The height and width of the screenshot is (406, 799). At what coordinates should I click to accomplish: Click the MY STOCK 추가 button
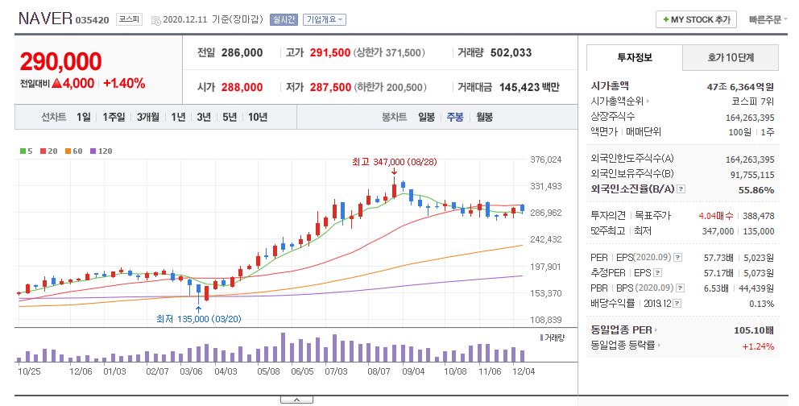(x=697, y=19)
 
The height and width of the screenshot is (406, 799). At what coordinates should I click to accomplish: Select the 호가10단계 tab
(x=731, y=57)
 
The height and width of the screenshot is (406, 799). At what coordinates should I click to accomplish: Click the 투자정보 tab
(x=635, y=57)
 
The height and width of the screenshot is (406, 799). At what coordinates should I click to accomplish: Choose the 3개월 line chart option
(x=147, y=117)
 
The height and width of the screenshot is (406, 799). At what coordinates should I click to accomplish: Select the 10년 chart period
(x=258, y=117)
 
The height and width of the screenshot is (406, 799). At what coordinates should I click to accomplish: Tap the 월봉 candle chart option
(x=485, y=117)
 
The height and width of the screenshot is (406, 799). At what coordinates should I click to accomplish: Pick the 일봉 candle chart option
(x=427, y=117)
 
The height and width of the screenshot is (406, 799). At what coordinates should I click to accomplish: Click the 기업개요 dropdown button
(x=325, y=19)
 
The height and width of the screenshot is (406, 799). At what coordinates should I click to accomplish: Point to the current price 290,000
(x=60, y=62)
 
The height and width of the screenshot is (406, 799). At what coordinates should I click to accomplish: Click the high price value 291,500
(x=330, y=52)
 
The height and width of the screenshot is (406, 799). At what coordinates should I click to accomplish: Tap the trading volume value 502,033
(x=511, y=52)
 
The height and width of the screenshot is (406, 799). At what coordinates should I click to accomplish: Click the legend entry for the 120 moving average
(x=101, y=151)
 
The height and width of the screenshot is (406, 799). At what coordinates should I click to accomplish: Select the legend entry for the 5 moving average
(x=27, y=151)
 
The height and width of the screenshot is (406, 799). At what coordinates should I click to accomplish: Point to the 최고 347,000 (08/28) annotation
(x=395, y=162)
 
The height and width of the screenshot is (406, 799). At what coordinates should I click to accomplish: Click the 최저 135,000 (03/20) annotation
(x=199, y=319)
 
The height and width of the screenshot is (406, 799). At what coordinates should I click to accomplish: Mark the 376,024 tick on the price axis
(x=546, y=159)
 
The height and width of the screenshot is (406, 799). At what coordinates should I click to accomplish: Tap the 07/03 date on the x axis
(x=337, y=371)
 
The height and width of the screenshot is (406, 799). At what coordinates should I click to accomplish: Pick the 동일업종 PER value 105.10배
(x=754, y=330)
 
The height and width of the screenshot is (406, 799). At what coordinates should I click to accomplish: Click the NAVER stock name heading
(x=45, y=19)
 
